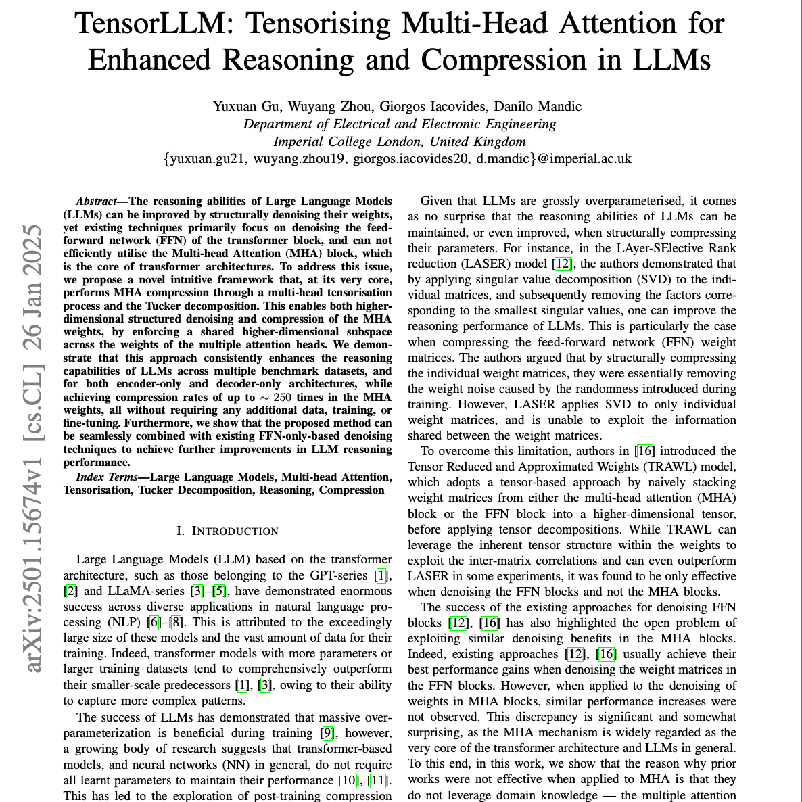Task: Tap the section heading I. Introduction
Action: click(227, 531)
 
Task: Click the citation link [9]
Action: click(327, 733)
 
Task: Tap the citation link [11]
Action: click(379, 780)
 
